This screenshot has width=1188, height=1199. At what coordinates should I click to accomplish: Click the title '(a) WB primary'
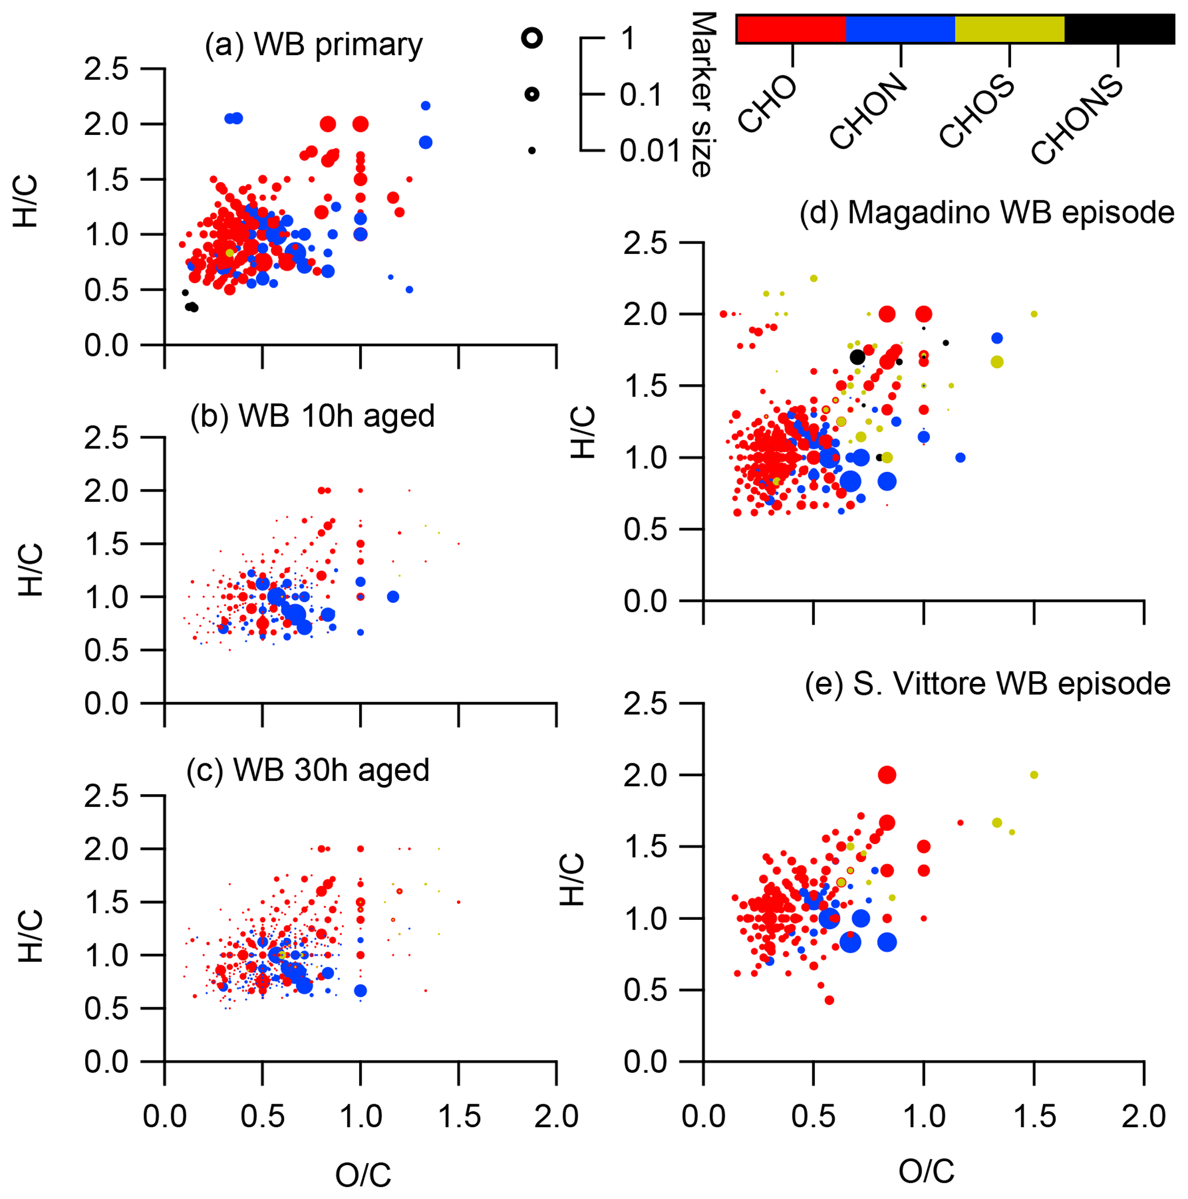pyautogui.click(x=314, y=45)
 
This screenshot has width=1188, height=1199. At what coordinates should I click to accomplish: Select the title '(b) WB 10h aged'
pyautogui.click(x=312, y=416)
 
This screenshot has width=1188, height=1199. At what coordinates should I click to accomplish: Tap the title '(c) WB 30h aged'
pyautogui.click(x=308, y=770)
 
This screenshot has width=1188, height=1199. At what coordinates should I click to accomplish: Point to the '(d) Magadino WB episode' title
pyautogui.click(x=987, y=213)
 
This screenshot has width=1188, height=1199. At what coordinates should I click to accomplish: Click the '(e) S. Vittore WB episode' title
pyautogui.click(x=987, y=684)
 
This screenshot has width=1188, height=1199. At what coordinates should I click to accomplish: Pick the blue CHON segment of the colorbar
pyautogui.click(x=901, y=29)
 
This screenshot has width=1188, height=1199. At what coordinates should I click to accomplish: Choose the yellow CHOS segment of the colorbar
pyautogui.click(x=1010, y=29)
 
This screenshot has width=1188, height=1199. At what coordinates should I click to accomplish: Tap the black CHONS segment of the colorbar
pyautogui.click(x=1119, y=29)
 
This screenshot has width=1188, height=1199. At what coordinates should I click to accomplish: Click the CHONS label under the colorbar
pyautogui.click(x=1078, y=121)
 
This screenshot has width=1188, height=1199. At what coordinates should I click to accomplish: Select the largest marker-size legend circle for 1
pyautogui.click(x=532, y=38)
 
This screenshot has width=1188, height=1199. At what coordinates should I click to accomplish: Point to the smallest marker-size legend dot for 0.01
pyautogui.click(x=532, y=150)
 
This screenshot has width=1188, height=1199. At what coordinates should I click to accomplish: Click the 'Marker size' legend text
pyautogui.click(x=702, y=94)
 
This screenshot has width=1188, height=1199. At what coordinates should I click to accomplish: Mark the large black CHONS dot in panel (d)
pyautogui.click(x=858, y=357)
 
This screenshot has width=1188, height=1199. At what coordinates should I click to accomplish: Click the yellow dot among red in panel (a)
pyautogui.click(x=230, y=253)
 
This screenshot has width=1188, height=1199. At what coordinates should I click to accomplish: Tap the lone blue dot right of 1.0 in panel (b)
pyautogui.click(x=393, y=597)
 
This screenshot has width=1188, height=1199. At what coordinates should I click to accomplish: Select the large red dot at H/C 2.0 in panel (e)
pyautogui.click(x=887, y=775)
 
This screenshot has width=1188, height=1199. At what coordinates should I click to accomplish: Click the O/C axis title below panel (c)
pyautogui.click(x=363, y=1174)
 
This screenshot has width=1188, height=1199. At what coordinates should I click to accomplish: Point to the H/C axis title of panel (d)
pyautogui.click(x=583, y=432)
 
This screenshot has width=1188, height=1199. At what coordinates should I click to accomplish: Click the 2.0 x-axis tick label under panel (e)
pyautogui.click(x=1144, y=1117)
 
